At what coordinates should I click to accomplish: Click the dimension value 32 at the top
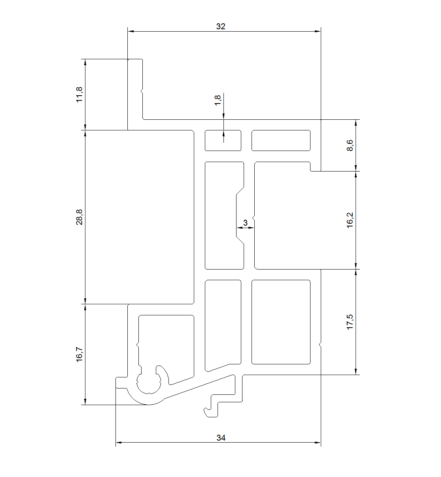point(221,26)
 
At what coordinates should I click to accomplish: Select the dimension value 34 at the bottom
point(221,438)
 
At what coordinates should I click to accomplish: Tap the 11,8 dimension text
point(79,94)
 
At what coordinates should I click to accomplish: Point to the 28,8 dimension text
point(79,217)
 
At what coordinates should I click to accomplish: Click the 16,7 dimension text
point(79,354)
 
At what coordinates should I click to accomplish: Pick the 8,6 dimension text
point(350,145)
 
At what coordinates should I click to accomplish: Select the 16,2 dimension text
point(350,220)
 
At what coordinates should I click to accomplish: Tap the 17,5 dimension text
point(350,322)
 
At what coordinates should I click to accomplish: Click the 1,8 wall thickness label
point(218,100)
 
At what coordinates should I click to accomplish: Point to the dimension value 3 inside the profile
point(245,222)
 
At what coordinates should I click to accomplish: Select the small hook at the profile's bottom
point(211,409)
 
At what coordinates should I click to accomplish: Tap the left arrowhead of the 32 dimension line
point(131,31)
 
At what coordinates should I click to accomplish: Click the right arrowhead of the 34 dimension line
point(318,442)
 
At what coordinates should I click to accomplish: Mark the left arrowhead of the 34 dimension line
point(119,442)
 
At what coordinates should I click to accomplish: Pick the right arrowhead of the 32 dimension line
point(318,31)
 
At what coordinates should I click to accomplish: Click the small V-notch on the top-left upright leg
point(141,91)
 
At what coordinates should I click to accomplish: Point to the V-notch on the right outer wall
point(320,345)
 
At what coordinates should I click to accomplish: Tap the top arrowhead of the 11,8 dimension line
point(85,62)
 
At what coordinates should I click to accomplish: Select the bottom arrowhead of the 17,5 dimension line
point(356,371)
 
